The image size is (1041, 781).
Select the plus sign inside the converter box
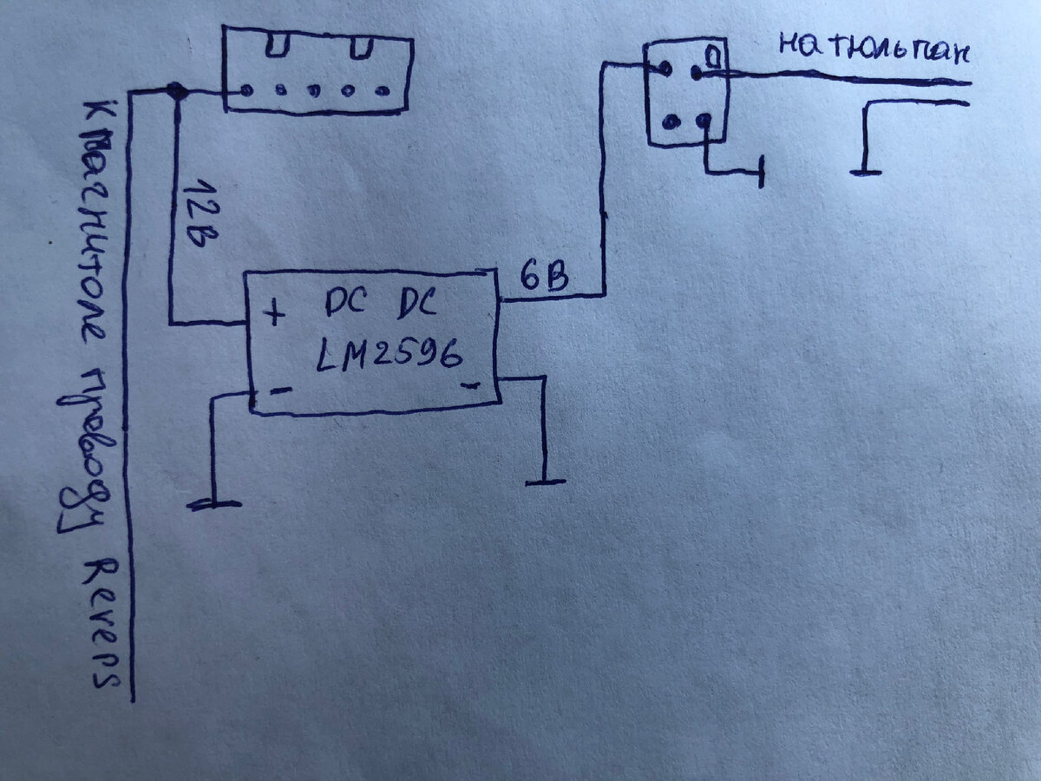click(275, 313)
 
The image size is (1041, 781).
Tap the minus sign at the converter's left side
click(280, 391)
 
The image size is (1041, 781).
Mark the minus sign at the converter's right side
click(471, 385)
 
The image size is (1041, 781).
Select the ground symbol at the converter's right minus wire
click(544, 481)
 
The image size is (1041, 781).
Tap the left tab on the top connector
click(276, 43)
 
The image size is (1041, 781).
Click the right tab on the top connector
click(363, 43)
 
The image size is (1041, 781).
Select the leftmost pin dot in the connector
click(247, 89)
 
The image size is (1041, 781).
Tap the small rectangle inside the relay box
click(710, 56)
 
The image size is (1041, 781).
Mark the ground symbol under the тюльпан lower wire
click(865, 172)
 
